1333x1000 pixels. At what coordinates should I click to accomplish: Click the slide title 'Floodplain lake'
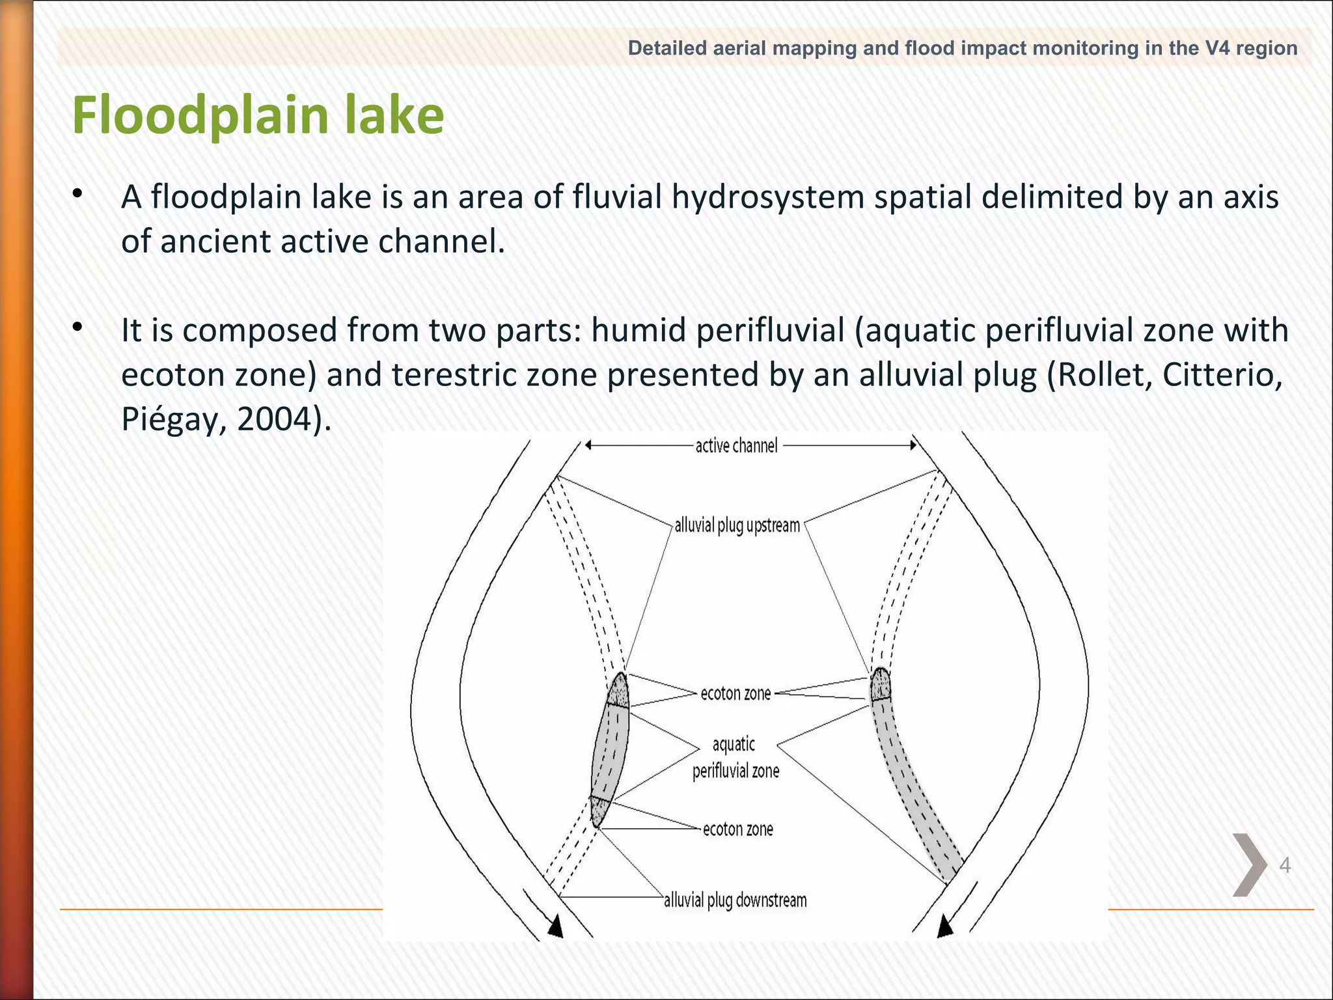258,115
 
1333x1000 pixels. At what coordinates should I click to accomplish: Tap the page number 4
1285,865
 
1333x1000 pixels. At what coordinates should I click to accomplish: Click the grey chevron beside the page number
1249,865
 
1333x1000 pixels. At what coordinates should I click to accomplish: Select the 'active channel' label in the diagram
736,446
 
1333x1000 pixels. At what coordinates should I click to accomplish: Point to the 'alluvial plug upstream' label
737,525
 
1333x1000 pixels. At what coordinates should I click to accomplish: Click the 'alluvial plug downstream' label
735,900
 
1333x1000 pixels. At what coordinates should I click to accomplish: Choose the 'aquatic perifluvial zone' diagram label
735,758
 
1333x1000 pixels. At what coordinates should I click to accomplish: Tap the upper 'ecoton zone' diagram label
735,694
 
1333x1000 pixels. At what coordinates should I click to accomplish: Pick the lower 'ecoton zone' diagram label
737,829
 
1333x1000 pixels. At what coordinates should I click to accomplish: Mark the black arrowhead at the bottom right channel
945,926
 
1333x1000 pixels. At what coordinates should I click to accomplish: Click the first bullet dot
77,193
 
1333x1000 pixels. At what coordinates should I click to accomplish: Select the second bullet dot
77,327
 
